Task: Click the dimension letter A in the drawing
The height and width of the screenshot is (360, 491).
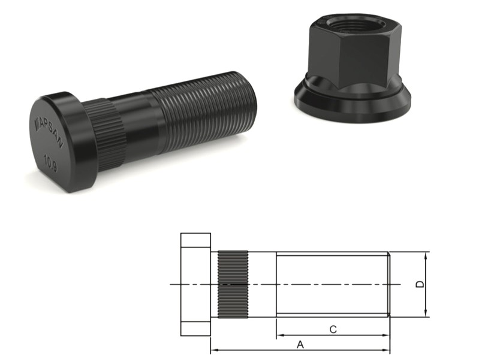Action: [300, 344]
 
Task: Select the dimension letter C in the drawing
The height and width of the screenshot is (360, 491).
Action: [333, 329]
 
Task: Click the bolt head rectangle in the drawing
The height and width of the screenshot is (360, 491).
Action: [195, 284]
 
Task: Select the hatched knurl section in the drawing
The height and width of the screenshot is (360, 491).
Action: [232, 284]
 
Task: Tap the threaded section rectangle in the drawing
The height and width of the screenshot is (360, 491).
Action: [333, 284]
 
